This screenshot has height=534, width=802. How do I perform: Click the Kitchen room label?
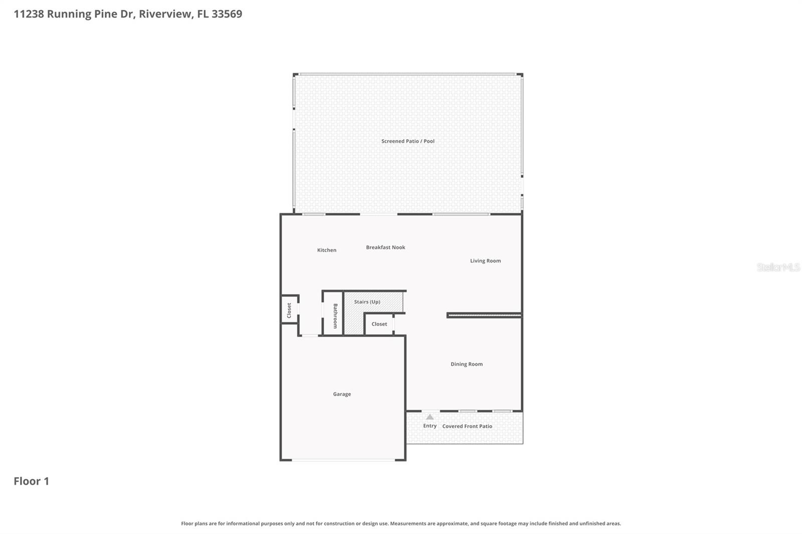[x=326, y=250]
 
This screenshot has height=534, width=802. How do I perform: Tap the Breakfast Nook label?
[x=385, y=247]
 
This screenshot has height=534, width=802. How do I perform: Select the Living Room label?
[x=485, y=261]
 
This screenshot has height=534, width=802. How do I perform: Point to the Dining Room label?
[x=466, y=364]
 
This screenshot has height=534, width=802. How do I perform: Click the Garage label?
[x=342, y=394]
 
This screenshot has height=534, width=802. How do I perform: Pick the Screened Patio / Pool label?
[x=408, y=141]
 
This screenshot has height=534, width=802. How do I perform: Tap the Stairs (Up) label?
[x=367, y=302]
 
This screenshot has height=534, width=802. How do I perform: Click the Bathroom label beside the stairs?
[x=335, y=316]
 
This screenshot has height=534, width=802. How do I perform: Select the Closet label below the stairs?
[x=379, y=324]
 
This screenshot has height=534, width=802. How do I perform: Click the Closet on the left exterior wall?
[x=289, y=310]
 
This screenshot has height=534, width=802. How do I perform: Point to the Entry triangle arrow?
[x=430, y=417]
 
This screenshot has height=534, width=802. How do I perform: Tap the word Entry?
[x=430, y=426]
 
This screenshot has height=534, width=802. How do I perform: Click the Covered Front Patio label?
[x=467, y=426]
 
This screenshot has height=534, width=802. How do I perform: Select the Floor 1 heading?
[x=31, y=481]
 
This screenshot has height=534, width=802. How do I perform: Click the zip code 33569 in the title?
[x=227, y=14]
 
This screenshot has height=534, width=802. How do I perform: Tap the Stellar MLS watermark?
[x=778, y=268]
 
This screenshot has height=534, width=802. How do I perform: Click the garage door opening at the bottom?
[x=343, y=459]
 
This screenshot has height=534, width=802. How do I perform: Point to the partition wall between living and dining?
[x=484, y=315]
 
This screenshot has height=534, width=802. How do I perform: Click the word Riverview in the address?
[x=165, y=14]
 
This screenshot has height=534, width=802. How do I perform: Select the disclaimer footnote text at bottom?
[x=401, y=523]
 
